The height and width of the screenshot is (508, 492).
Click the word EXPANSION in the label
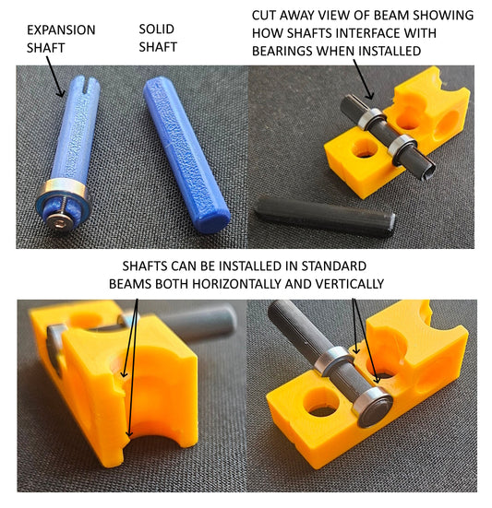pos(61,30)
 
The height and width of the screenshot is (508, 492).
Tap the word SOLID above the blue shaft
pos(157,30)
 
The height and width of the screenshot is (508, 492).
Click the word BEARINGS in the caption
pos(282,51)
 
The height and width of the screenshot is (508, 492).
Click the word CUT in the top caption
pos(264,16)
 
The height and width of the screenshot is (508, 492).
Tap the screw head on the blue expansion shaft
pos(59,222)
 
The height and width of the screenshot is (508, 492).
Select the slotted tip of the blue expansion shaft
pos(87,85)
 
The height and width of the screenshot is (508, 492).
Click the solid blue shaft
pos(186,154)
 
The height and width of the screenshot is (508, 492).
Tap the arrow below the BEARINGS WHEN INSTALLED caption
pos(364,79)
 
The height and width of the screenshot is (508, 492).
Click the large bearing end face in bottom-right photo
pos(376,408)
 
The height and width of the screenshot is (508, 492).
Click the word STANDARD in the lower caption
pos(334,266)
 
